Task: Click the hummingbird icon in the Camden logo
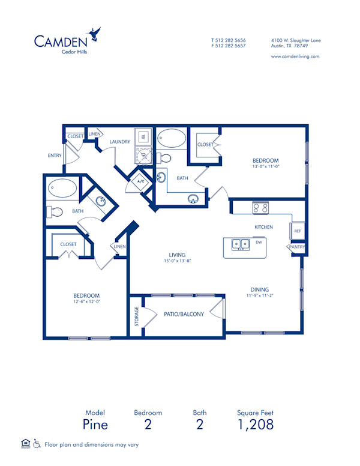(94, 34)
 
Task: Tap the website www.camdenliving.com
(295, 56)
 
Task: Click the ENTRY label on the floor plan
(55, 156)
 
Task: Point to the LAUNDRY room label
(121, 142)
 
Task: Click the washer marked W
(144, 137)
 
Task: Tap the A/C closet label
(142, 181)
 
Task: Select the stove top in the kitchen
(260, 208)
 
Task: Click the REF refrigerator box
(298, 230)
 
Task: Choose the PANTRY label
(297, 247)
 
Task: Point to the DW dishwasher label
(259, 243)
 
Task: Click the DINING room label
(260, 289)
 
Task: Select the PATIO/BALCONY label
(184, 314)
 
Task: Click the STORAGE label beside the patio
(137, 316)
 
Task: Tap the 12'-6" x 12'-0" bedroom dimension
(86, 302)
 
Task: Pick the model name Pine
(95, 425)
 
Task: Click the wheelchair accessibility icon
(37, 444)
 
